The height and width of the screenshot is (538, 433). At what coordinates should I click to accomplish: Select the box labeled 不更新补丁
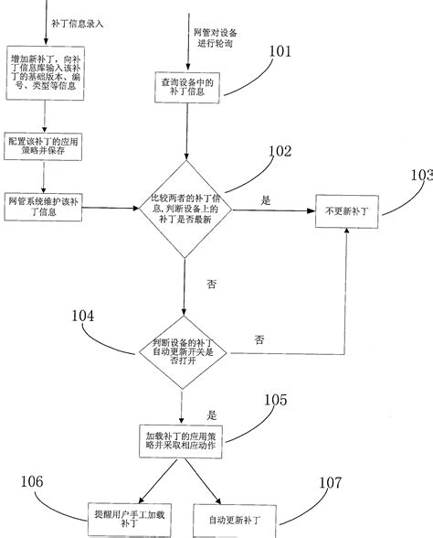click(348, 210)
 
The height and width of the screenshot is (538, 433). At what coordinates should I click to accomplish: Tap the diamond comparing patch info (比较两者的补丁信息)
click(184, 210)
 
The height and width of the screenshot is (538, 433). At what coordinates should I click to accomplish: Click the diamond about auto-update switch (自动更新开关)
click(184, 351)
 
